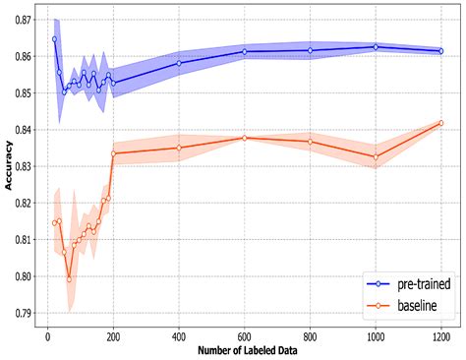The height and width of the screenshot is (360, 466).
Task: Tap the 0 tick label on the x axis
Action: pyautogui.click(x=47, y=334)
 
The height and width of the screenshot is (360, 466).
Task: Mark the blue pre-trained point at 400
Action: pyautogui.click(x=179, y=63)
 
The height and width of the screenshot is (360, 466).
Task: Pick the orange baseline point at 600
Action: pyautogui.click(x=245, y=138)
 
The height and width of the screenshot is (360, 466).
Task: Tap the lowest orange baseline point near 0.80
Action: pyautogui.click(x=69, y=279)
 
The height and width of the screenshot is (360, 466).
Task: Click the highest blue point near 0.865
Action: pyautogui.click(x=54, y=39)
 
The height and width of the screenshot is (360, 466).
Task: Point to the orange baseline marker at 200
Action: pyautogui.click(x=114, y=153)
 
